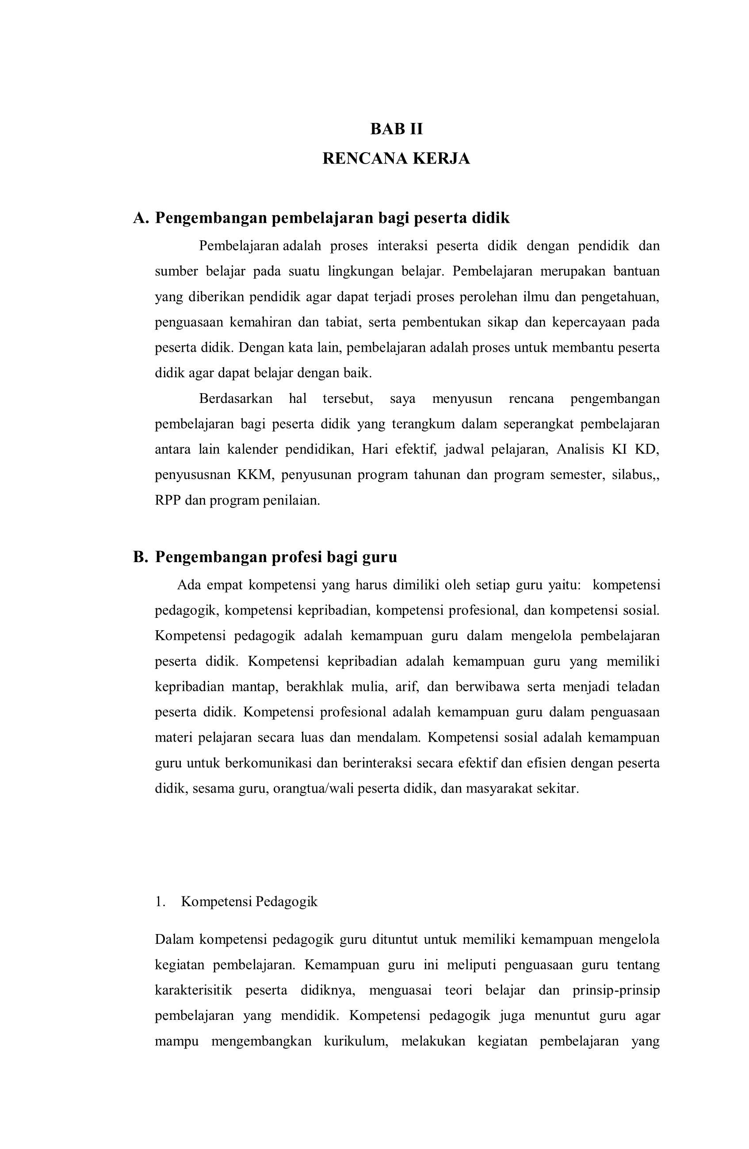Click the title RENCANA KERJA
coord(396,158)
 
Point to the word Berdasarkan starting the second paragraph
coord(235,399)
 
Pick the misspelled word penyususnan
coord(191,475)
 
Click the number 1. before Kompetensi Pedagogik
coord(160,901)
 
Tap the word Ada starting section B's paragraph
coord(188,585)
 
